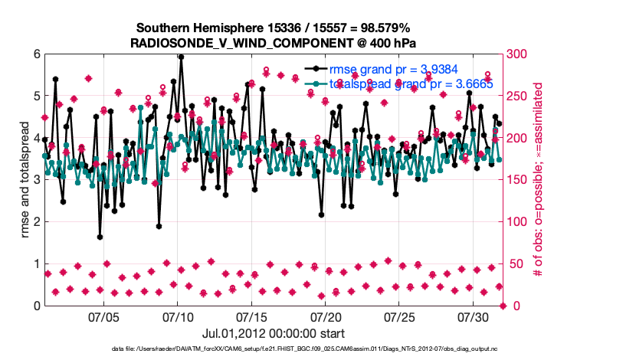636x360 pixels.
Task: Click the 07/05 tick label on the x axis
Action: click(x=104, y=316)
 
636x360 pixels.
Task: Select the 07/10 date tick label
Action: click(x=178, y=316)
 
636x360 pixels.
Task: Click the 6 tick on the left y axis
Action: click(x=35, y=54)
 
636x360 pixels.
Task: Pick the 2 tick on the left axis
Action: click(x=35, y=222)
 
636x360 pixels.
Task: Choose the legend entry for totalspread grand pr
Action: click(x=411, y=83)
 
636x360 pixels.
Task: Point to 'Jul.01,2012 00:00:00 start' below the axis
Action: click(x=274, y=333)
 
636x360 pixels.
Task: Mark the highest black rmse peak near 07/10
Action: click(x=181, y=56)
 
